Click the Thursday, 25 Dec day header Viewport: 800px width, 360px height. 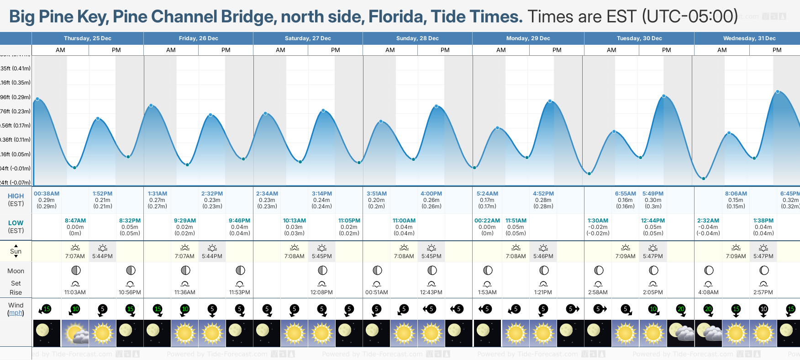click(x=88, y=38)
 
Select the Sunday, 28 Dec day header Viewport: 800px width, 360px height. click(x=417, y=38)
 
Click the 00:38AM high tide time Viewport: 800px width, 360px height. click(x=47, y=194)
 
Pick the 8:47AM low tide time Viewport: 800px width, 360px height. click(x=75, y=221)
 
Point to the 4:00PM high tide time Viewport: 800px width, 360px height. click(x=431, y=194)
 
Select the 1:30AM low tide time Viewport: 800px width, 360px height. click(x=598, y=221)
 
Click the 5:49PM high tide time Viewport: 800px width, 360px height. click(x=653, y=194)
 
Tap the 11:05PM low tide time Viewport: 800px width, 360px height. click(x=349, y=221)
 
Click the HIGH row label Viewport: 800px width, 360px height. click(x=16, y=196)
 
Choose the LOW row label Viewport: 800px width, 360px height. click(x=16, y=223)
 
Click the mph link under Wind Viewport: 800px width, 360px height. click(x=16, y=313)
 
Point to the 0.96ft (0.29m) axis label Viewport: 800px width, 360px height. click(x=15, y=97)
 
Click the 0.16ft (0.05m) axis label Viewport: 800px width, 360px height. click(x=15, y=154)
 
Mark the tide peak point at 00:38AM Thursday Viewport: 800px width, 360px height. click(x=37, y=99)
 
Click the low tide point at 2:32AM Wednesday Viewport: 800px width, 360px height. click(x=704, y=179)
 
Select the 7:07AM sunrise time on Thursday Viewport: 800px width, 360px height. click(x=75, y=256)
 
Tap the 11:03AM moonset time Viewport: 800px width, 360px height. click(x=75, y=292)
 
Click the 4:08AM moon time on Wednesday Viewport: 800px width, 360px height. click(x=708, y=292)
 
